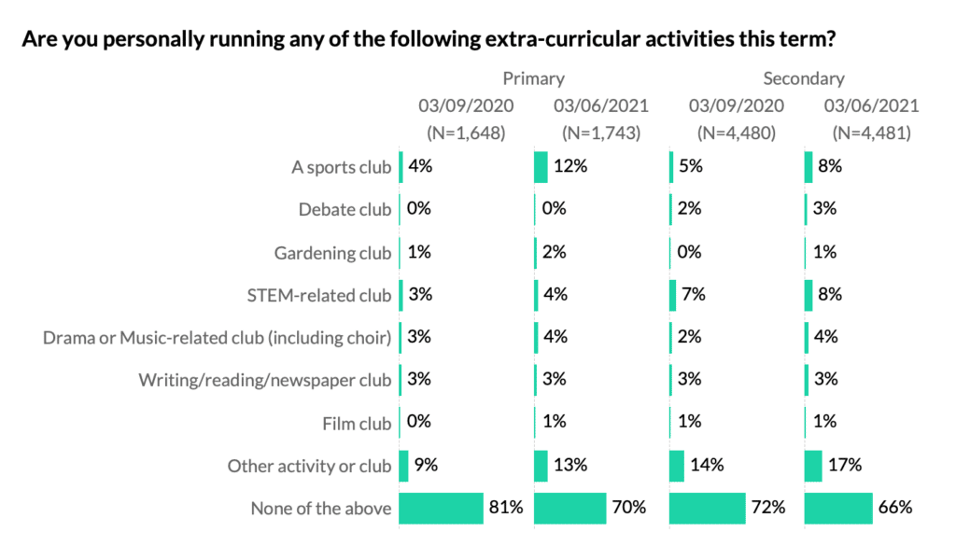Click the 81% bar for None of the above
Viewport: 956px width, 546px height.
[441, 509]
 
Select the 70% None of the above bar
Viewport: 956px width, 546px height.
[569, 509]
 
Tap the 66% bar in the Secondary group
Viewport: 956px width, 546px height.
[837, 509]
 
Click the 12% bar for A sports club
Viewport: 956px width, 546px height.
[541, 167]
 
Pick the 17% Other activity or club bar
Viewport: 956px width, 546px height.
[812, 466]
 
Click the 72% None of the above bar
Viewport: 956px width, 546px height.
[707, 509]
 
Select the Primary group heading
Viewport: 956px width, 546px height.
[533, 78]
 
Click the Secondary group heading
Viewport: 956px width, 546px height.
[803, 78]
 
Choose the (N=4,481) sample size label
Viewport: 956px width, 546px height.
[871, 133]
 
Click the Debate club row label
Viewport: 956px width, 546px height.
[344, 210]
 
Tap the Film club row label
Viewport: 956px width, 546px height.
[357, 424]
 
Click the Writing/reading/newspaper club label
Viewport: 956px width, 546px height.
[265, 381]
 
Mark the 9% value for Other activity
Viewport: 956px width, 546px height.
[425, 466]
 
